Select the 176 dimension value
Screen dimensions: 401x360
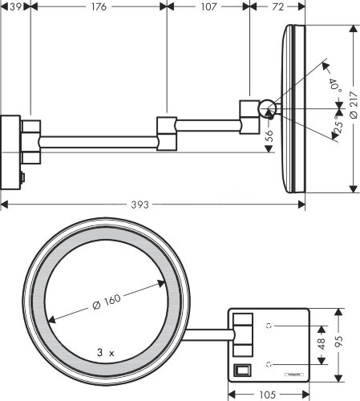pos(99,7)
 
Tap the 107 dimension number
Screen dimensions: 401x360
pos(208,7)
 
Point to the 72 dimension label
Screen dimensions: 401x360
pos(279,7)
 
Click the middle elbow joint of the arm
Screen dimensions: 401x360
pos(167,132)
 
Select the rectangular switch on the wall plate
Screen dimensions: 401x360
pos(242,371)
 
